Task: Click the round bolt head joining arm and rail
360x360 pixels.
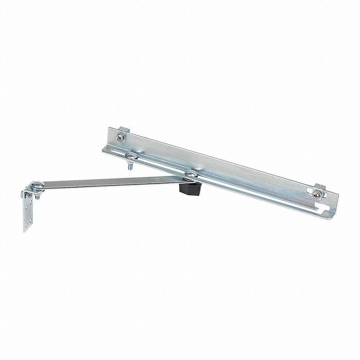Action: pos(190,173)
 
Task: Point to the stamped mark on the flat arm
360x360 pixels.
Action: pos(156,178)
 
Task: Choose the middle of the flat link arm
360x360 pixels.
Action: pos(108,182)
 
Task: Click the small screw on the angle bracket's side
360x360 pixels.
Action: pos(22,195)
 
